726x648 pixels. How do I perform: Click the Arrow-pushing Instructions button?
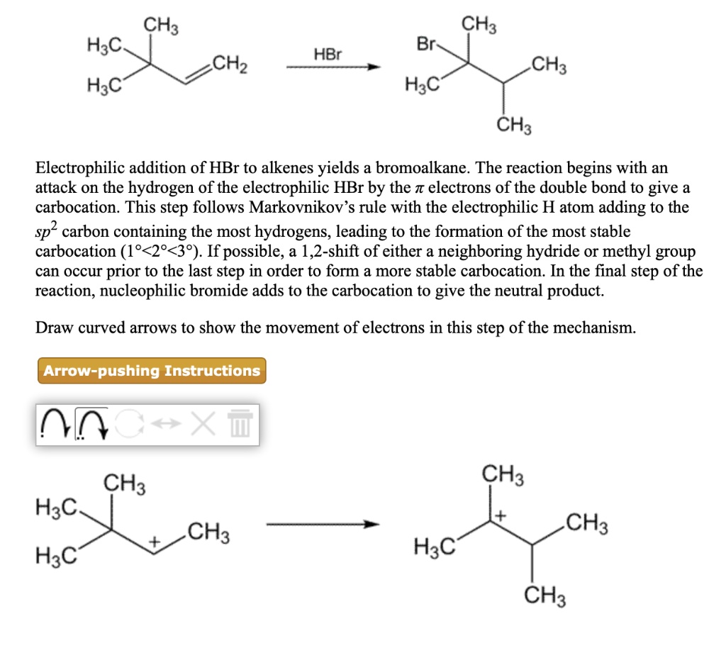point(151,371)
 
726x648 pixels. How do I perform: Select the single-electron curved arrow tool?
point(55,426)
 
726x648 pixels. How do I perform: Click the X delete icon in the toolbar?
point(203,426)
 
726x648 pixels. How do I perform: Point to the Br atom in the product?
point(425,45)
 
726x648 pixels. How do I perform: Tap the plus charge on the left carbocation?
point(153,542)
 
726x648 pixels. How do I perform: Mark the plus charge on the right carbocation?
point(501,515)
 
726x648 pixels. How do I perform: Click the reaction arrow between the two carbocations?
point(323,525)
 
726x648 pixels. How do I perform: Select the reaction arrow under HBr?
point(333,67)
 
